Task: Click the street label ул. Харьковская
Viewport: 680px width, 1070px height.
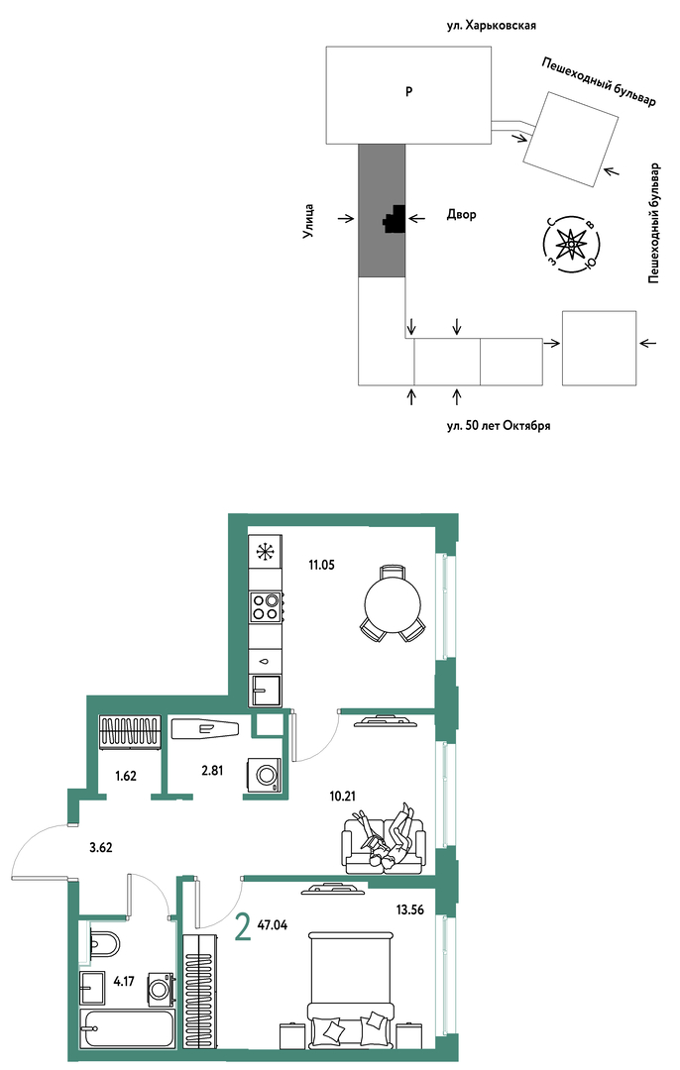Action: click(x=491, y=25)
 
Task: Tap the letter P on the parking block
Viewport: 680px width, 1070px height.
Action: click(x=408, y=91)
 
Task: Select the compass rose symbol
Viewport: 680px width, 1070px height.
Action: click(x=571, y=245)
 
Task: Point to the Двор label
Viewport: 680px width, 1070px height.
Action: click(x=462, y=214)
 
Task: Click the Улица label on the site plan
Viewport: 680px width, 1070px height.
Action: click(x=308, y=221)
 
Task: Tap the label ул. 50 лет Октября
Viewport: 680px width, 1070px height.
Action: click(x=499, y=426)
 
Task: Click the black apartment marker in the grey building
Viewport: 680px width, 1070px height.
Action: click(x=395, y=219)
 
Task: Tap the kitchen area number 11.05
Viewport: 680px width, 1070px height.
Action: click(x=321, y=565)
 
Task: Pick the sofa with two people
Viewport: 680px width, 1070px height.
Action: click(x=385, y=839)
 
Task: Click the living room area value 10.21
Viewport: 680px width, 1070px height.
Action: click(x=342, y=795)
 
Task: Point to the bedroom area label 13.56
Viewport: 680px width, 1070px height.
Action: click(x=409, y=909)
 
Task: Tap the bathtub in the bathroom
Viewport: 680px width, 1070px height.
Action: click(x=128, y=1027)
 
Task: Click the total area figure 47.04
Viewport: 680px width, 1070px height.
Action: click(x=273, y=925)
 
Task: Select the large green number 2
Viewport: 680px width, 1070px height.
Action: click(x=242, y=927)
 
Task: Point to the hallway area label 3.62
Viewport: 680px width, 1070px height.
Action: click(x=100, y=848)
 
